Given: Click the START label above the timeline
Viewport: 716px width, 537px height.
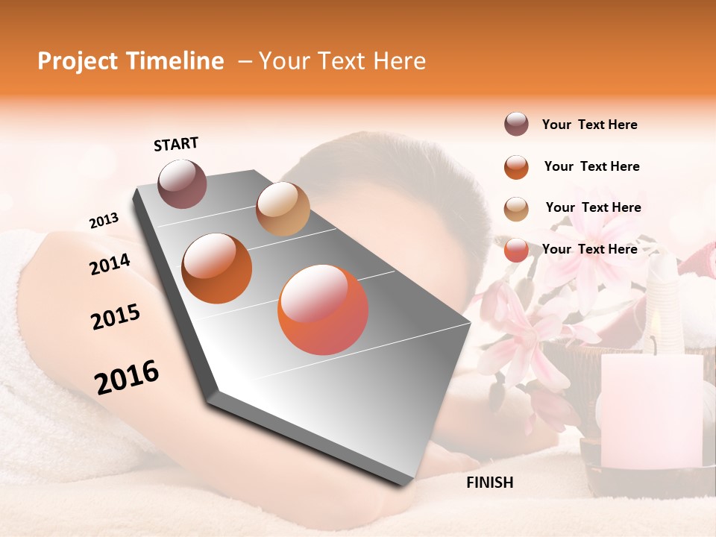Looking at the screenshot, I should (x=176, y=144).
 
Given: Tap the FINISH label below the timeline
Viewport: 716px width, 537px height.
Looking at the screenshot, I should (x=489, y=483).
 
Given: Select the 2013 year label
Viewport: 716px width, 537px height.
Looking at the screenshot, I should (x=104, y=220).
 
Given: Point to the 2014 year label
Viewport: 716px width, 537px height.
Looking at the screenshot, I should (x=110, y=264).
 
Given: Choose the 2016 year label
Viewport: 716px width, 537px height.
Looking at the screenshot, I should (x=127, y=377).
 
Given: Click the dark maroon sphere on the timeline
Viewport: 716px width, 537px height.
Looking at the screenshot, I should (x=182, y=183).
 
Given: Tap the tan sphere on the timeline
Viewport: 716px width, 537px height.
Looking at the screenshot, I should (x=283, y=209).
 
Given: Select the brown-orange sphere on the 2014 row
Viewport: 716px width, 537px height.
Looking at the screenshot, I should (x=217, y=268).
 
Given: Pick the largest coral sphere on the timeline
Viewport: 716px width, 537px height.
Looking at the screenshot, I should (x=323, y=310).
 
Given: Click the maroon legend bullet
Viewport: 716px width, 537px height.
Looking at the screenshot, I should (x=516, y=125).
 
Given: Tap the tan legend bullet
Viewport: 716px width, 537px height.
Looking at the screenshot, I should (x=516, y=208).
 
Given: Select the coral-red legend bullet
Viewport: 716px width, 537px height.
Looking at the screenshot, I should (x=516, y=250).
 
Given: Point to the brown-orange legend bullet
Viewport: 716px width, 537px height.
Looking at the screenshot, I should (x=516, y=166).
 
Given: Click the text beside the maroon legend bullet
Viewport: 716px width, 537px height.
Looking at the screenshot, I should (x=589, y=125).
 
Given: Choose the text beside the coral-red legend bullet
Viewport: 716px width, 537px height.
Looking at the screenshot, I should (x=589, y=249).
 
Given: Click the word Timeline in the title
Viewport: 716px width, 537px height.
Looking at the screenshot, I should (x=175, y=61).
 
